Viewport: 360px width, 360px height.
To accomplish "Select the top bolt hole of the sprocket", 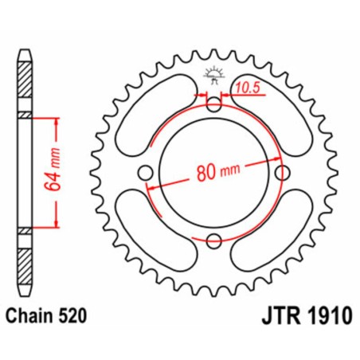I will coord(213,104).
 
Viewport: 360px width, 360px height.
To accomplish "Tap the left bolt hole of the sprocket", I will coord(145,173).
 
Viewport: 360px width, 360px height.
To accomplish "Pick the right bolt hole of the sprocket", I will coord(281,173).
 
